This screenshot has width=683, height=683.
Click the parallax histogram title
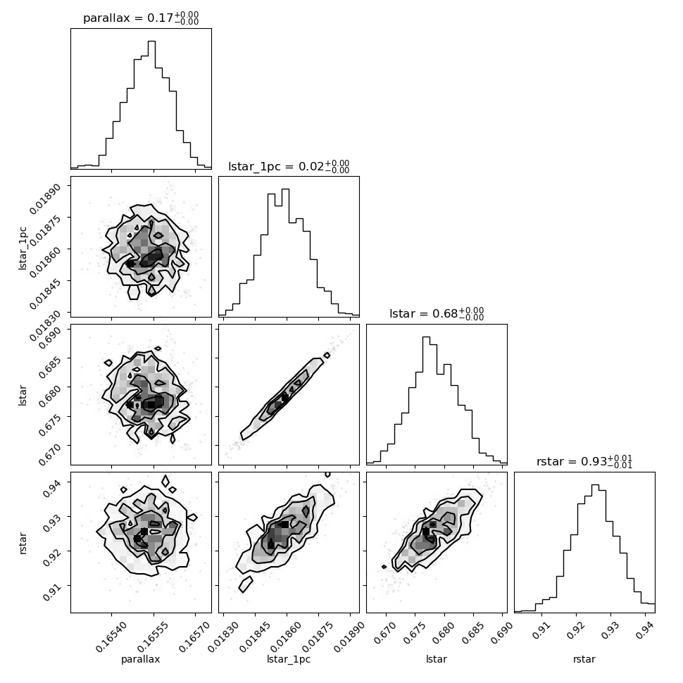(x=141, y=18)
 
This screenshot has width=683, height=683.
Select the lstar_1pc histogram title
(x=289, y=166)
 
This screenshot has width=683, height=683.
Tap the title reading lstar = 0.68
(x=437, y=314)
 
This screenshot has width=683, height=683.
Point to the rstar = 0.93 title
(x=584, y=462)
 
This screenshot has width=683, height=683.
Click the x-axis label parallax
(x=141, y=659)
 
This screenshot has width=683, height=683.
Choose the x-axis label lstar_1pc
(x=289, y=659)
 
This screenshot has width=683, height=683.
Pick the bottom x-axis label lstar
(x=437, y=659)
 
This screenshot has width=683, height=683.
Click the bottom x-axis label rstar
(x=584, y=659)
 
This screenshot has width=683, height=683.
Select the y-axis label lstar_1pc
(x=23, y=246)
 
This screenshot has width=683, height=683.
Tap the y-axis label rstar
(x=23, y=542)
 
